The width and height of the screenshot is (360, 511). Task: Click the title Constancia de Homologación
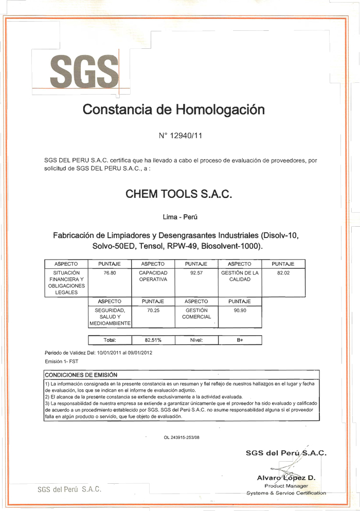(x=174, y=109)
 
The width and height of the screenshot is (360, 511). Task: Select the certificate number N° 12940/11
(x=181, y=136)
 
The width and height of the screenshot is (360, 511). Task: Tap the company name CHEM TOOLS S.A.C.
(x=179, y=194)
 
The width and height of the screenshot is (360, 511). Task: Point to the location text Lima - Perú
(x=180, y=217)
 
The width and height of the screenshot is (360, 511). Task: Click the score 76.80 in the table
(x=110, y=273)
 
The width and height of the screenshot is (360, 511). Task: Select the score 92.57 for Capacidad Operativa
(x=196, y=273)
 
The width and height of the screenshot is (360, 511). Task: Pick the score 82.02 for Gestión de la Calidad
(x=283, y=273)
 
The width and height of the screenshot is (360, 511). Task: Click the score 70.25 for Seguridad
(x=153, y=311)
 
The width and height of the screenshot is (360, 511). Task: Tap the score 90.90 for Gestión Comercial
(x=240, y=311)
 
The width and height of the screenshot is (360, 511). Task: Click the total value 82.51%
(x=153, y=340)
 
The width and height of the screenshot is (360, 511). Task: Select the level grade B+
(x=240, y=340)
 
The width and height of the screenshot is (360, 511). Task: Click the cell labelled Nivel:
(x=196, y=340)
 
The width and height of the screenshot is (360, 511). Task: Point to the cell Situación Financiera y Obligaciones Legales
(x=66, y=282)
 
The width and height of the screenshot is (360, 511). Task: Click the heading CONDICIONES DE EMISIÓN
(x=81, y=375)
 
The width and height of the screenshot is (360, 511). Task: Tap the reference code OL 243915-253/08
(x=182, y=437)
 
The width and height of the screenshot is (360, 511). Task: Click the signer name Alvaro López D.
(x=286, y=478)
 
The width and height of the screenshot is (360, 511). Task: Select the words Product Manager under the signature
(x=286, y=485)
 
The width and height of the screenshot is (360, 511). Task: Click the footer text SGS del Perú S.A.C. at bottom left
(x=69, y=489)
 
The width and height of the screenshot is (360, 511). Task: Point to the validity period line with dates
(x=98, y=353)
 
